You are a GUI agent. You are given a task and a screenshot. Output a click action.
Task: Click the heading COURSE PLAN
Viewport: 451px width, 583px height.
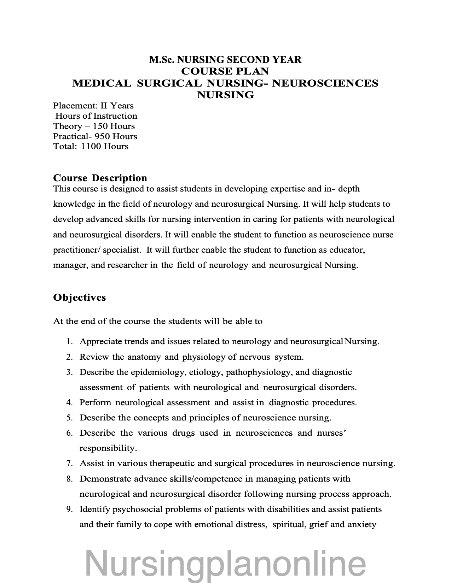click(x=225, y=71)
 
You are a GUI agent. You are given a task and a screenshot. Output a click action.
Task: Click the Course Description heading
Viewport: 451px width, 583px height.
click(x=100, y=178)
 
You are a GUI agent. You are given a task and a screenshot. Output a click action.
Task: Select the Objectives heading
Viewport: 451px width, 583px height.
click(x=79, y=297)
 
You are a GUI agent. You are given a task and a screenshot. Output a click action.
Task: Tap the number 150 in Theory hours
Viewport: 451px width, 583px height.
click(x=100, y=126)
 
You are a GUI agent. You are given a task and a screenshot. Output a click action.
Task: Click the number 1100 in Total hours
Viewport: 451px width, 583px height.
click(x=90, y=146)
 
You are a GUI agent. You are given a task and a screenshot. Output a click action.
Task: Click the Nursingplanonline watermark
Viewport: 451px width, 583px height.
click(x=225, y=564)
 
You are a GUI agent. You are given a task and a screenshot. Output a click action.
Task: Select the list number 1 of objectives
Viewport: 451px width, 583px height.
click(x=70, y=342)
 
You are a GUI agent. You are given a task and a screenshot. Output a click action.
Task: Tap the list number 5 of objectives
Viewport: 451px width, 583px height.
click(x=69, y=418)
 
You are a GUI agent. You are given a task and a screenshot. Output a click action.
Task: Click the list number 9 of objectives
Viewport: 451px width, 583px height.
click(x=69, y=510)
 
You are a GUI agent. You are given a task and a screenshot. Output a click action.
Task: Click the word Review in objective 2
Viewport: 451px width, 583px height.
click(x=94, y=357)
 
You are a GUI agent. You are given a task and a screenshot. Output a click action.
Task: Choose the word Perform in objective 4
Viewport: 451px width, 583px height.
click(x=95, y=402)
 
